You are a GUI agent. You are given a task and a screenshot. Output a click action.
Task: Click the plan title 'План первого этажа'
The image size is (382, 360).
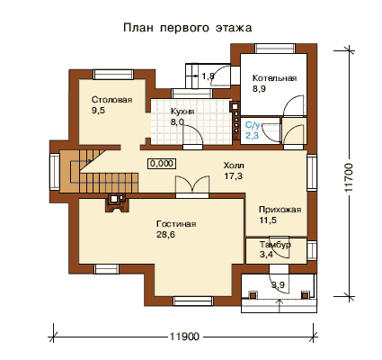pyautogui.click(x=188, y=28)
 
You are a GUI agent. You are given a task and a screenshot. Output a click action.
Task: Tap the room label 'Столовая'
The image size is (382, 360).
pyautogui.click(x=111, y=100)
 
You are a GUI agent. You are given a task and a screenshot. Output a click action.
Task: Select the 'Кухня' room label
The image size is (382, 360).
pyautogui.click(x=182, y=112)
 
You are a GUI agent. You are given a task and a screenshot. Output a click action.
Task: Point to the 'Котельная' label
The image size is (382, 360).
pyautogui.click(x=274, y=78)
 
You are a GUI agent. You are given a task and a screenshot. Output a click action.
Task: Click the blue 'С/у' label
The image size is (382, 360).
pyautogui.click(x=253, y=125)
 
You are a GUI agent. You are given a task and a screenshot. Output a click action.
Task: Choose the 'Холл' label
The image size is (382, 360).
pyautogui.click(x=234, y=166)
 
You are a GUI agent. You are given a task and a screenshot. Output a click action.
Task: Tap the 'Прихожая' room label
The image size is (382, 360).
pyautogui.click(x=280, y=210)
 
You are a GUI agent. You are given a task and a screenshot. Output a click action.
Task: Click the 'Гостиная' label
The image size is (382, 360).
pyautogui.click(x=176, y=224)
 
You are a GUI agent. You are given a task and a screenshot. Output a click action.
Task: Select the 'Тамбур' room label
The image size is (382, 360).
pyautogui.click(x=275, y=245)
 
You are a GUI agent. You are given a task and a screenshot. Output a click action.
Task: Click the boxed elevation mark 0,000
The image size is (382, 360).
pyautogui.click(x=162, y=164)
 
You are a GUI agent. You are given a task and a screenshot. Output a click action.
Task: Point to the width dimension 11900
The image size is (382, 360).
pyautogui.click(x=184, y=337)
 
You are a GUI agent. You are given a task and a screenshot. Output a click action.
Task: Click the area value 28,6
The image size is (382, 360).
pyautogui.click(x=165, y=235)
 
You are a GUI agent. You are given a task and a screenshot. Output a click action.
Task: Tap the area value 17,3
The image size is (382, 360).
pyautogui.click(x=233, y=176)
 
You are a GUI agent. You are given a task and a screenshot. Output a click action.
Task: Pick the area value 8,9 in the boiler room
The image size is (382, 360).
pyautogui.click(x=259, y=89)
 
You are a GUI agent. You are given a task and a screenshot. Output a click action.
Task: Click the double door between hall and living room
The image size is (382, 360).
pyautogui.click(x=192, y=187)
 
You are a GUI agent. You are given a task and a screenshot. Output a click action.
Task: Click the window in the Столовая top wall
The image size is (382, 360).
pyautogui.click(x=113, y=75)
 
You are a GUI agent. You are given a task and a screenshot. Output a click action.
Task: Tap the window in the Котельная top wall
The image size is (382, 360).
pyautogui.click(x=275, y=49)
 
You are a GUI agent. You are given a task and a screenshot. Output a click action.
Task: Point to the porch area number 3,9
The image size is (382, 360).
pyautogui.click(x=278, y=284)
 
